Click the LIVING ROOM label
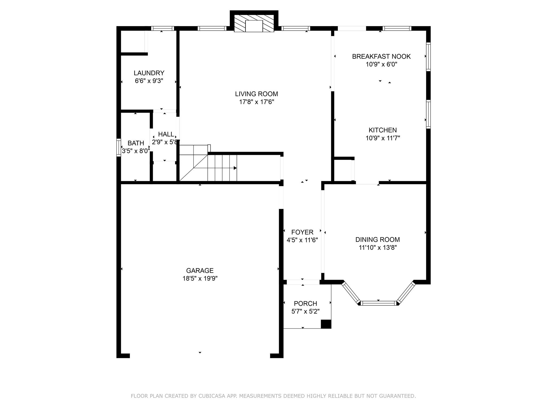pos(256,94)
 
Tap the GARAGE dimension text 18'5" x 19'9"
pos(200,279)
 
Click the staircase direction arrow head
pos(235,168)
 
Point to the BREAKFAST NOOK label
pos(381,56)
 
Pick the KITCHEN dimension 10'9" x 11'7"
pos(383,138)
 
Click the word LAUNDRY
pos(149,73)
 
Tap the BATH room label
pos(136,143)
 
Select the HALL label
pos(166,134)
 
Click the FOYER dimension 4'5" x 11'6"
pos(302,240)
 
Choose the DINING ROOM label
pos(378,239)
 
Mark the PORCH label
pos(306,303)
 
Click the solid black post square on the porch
pos(326,324)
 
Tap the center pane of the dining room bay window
pos(379,303)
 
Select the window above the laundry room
pos(162,29)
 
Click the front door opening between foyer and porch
pos(303,282)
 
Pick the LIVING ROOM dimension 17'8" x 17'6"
pos(257,102)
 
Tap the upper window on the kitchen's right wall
pos(428,57)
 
